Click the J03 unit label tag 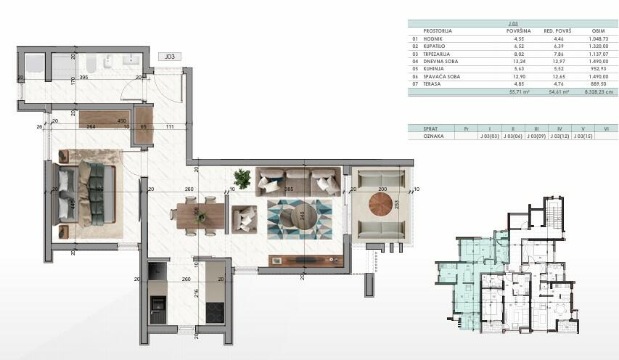pos(170,56)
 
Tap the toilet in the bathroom pos(106,64)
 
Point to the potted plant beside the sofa pos(242,178)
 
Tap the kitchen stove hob pos(215,312)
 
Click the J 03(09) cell pos(536,136)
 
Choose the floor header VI pos(605,128)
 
